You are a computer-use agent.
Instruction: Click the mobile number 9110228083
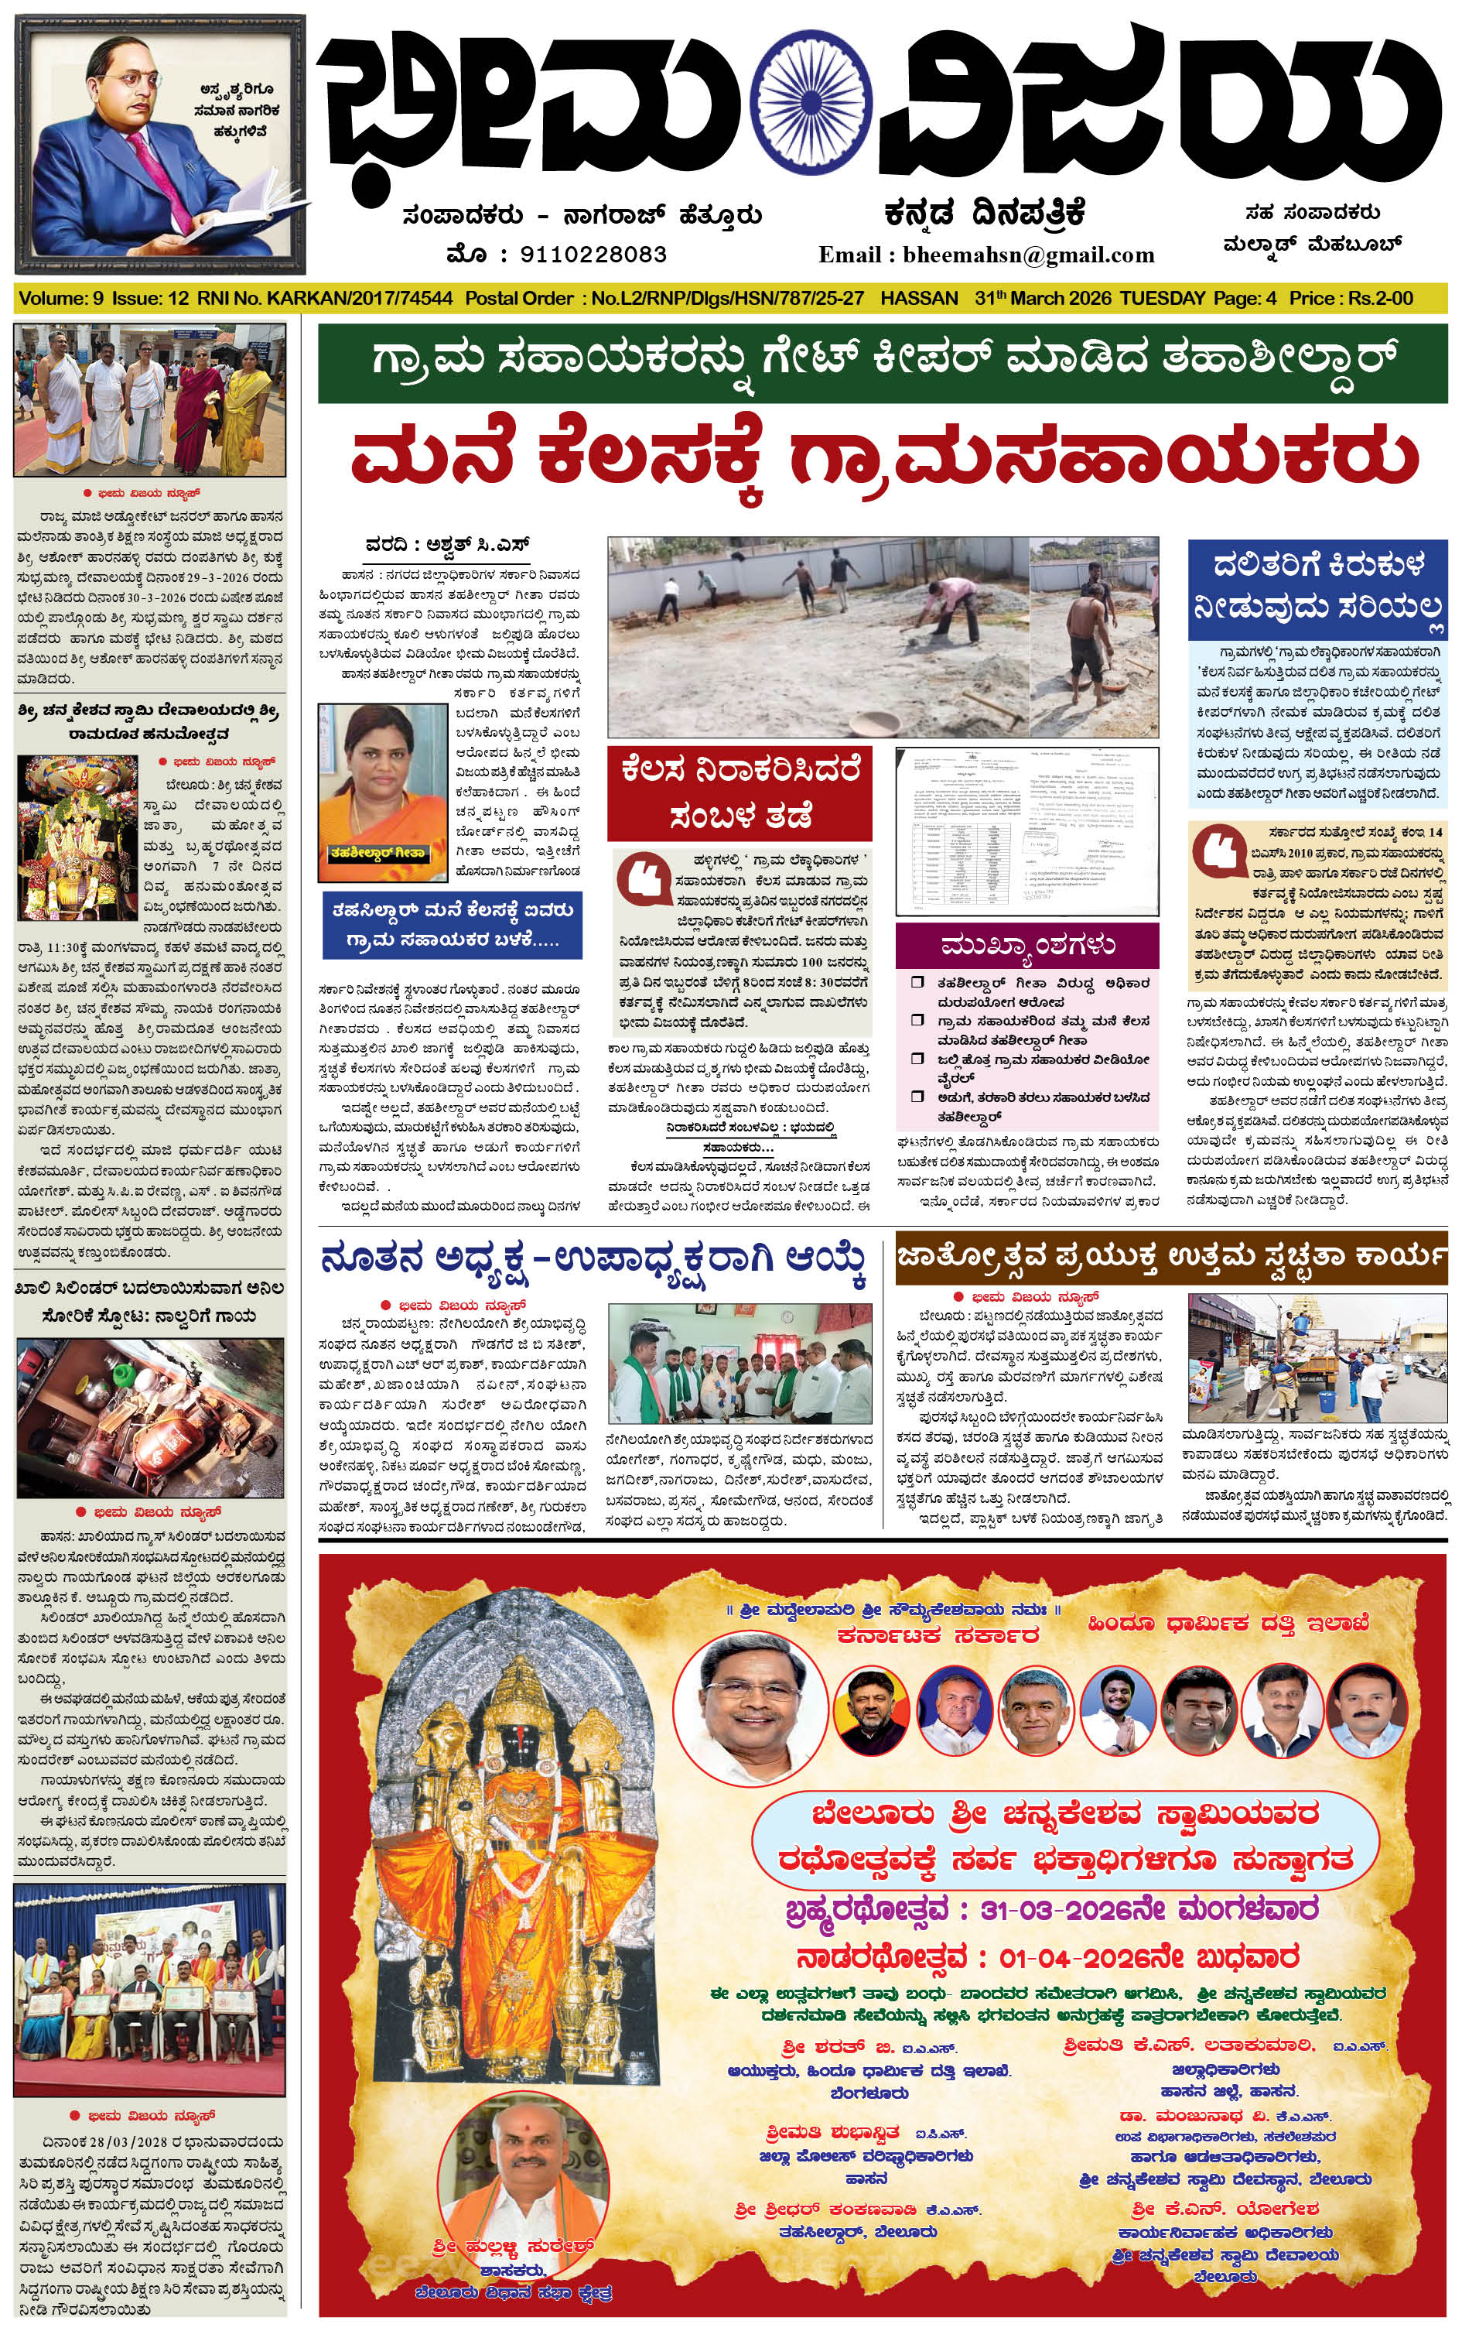[593, 255]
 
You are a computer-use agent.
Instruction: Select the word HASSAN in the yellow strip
[919, 298]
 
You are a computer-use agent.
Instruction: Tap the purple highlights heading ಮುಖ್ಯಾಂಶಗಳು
[1027, 945]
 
